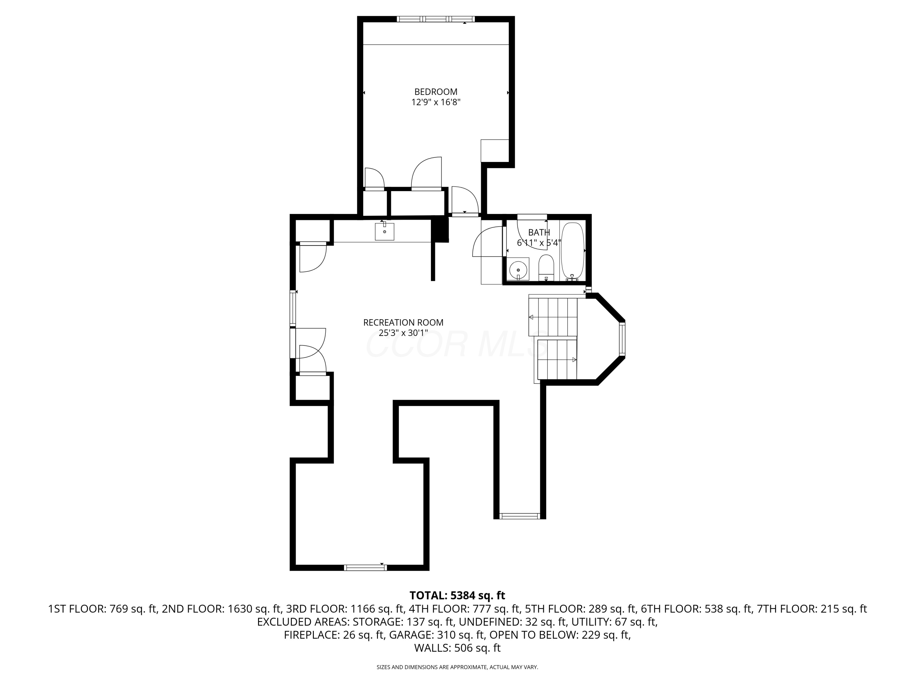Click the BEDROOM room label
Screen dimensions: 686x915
(x=436, y=92)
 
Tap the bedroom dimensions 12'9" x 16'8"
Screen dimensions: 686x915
(x=436, y=102)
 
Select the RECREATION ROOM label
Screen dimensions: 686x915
(x=403, y=323)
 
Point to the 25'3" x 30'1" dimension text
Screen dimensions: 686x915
(x=403, y=333)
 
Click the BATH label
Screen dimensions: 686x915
(x=539, y=232)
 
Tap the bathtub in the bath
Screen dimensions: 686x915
(x=572, y=251)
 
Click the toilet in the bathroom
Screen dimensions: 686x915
(x=546, y=267)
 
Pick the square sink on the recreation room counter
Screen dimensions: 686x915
(x=384, y=231)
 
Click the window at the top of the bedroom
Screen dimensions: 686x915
(x=436, y=19)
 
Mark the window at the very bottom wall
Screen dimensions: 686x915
(x=365, y=568)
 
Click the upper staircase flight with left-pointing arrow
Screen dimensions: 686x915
(x=553, y=317)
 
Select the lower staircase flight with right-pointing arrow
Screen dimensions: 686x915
(x=557, y=359)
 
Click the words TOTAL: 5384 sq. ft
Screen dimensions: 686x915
(x=457, y=595)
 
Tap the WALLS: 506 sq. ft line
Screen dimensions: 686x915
(x=457, y=648)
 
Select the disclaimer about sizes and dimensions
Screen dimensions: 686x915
(x=457, y=667)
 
